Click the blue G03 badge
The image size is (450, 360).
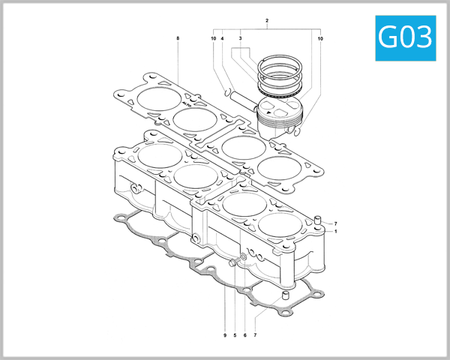click(x=405, y=37)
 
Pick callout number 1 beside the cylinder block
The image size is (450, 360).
click(x=336, y=232)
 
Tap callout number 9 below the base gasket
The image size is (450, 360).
click(x=224, y=334)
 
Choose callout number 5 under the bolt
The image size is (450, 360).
click(x=235, y=334)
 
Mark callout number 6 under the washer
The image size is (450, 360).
click(x=245, y=334)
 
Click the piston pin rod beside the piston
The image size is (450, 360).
click(x=240, y=98)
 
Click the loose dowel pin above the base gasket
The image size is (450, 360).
click(x=285, y=304)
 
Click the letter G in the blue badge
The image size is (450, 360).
click(x=390, y=37)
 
